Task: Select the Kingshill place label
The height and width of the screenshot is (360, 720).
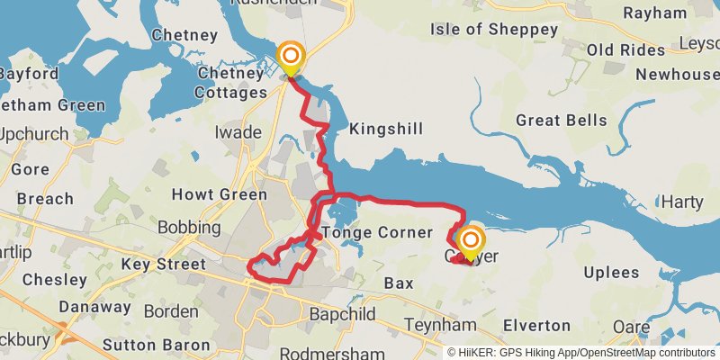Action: (385, 129)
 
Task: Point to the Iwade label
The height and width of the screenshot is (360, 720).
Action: (238, 133)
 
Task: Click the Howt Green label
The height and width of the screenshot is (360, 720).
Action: (219, 194)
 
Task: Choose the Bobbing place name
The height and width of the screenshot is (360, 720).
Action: (189, 228)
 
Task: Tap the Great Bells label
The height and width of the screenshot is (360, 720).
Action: (561, 121)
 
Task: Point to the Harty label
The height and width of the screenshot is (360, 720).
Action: (681, 202)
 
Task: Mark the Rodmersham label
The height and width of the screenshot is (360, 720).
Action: (332, 352)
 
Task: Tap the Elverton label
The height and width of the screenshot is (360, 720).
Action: (536, 325)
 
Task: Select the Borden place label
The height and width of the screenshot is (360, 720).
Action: (171, 311)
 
